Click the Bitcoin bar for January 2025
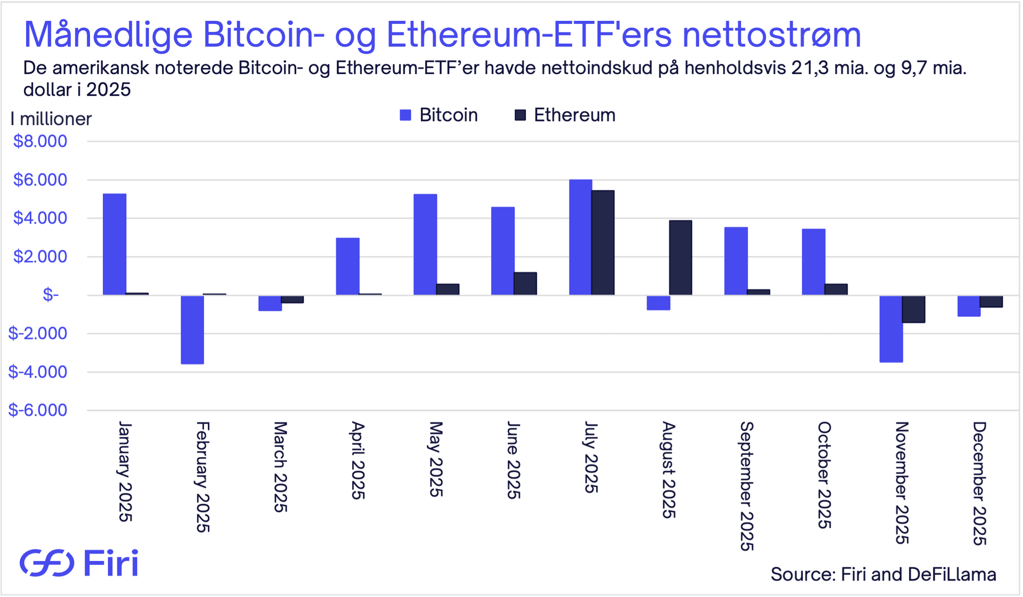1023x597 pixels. pyautogui.click(x=115, y=244)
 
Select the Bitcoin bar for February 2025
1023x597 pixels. pyautogui.click(x=192, y=329)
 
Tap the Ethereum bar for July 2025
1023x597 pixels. pyautogui.click(x=603, y=243)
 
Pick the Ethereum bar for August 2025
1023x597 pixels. pyautogui.click(x=680, y=257)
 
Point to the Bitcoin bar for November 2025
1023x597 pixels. pyautogui.click(x=891, y=328)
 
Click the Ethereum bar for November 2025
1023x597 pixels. pyautogui.click(x=913, y=309)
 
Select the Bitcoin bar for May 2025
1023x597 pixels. pyautogui.click(x=425, y=244)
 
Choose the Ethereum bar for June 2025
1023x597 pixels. pyautogui.click(x=525, y=284)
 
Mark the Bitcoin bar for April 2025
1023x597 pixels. pyautogui.click(x=347, y=266)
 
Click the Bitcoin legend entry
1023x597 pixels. pyautogui.click(x=439, y=115)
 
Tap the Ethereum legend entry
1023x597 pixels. pyautogui.click(x=565, y=115)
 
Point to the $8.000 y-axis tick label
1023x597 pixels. pyautogui.click(x=40, y=141)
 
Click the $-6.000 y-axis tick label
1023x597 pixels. pyautogui.click(x=38, y=410)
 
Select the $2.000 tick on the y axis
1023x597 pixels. pyautogui.click(x=40, y=256)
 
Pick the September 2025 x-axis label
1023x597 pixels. pyautogui.click(x=747, y=486)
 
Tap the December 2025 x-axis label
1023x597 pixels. pyautogui.click(x=979, y=483)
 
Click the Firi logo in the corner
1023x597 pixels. pyautogui.click(x=79, y=563)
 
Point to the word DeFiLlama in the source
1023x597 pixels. pyautogui.click(x=952, y=574)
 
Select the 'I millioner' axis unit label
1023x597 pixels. pyautogui.click(x=51, y=118)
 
